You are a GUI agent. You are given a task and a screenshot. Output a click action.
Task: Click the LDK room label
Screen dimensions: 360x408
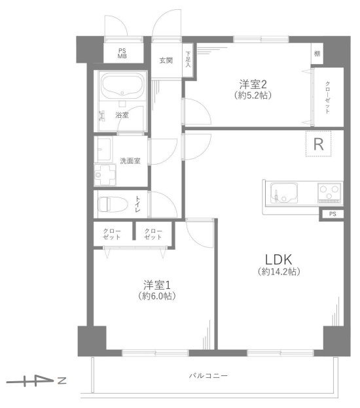[278, 260]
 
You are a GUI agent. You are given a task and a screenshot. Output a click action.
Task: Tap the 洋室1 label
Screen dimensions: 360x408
[157, 285]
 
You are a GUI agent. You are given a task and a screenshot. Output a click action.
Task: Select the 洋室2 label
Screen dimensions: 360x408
[253, 84]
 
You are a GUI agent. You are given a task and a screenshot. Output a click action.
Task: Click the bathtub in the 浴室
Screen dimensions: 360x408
[122, 86]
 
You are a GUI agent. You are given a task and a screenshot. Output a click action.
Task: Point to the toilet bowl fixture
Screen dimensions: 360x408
[113, 204]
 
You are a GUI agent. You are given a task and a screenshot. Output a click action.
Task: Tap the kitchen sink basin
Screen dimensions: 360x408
[283, 193]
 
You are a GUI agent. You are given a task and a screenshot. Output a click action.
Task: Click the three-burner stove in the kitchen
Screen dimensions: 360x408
[330, 192]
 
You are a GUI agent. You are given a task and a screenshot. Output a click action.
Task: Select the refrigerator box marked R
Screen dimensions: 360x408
[318, 144]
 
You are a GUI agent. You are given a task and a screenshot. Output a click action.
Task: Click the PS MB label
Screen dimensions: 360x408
[122, 54]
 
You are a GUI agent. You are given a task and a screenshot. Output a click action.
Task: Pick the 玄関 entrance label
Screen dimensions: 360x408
[166, 60]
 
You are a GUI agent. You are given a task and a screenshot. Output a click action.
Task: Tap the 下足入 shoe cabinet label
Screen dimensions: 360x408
[188, 59]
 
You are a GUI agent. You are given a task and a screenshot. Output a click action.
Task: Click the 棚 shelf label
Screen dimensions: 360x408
[317, 54]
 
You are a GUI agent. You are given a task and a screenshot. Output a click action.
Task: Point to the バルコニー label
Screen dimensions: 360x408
[208, 375]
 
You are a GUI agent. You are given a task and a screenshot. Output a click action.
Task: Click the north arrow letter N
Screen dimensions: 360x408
[62, 381]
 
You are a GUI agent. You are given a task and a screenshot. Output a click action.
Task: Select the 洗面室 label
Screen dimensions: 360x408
[130, 161]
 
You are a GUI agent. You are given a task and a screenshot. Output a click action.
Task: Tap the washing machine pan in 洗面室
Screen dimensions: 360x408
[105, 175]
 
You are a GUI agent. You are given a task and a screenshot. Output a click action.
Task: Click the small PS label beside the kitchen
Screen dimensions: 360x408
[333, 214]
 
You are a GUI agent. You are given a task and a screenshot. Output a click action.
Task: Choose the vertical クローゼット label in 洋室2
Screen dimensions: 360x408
[327, 97]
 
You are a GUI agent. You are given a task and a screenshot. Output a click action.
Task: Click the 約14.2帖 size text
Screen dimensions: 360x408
[279, 271]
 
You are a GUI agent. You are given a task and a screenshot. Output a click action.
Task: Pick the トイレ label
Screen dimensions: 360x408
[137, 204]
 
